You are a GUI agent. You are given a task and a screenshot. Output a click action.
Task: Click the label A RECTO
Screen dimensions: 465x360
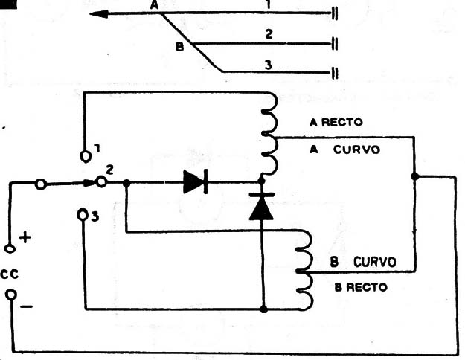[336, 122]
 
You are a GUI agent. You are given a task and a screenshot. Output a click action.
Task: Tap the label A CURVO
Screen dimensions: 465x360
[344, 150]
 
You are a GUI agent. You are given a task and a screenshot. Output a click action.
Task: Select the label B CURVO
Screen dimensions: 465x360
[363, 262]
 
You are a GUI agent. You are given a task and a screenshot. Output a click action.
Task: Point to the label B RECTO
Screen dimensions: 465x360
[361, 287]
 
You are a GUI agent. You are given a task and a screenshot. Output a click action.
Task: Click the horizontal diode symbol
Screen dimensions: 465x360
[196, 181]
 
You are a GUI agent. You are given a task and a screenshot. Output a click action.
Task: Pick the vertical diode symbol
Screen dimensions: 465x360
[262, 206]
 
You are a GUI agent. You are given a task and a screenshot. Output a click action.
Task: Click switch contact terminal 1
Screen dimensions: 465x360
[86, 156]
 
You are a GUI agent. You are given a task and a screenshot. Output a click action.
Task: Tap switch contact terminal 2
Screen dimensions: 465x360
[101, 181]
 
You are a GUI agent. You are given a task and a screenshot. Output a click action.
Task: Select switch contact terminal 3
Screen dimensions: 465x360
[82, 215]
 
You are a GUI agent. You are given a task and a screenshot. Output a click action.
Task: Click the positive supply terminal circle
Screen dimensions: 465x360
[10, 248]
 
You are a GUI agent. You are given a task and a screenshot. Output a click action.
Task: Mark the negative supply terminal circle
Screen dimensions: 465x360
[11, 295]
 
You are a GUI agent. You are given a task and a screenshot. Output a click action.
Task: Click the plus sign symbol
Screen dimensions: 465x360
[25, 237]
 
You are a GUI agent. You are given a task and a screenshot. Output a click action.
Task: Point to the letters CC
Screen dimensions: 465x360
[10, 274]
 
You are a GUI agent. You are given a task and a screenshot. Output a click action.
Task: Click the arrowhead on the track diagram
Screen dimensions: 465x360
[99, 14]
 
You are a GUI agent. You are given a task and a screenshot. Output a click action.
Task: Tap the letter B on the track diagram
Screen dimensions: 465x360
[179, 47]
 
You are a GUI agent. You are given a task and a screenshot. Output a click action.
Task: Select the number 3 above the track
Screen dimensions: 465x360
[269, 65]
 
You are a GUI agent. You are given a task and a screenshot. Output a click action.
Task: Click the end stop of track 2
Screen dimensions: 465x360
[335, 44]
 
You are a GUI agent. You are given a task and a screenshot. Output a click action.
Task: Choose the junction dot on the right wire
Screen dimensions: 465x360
[415, 176]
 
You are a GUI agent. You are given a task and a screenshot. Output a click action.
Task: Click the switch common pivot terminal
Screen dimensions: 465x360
[41, 184]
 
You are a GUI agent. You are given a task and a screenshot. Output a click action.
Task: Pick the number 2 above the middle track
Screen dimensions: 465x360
[269, 34]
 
